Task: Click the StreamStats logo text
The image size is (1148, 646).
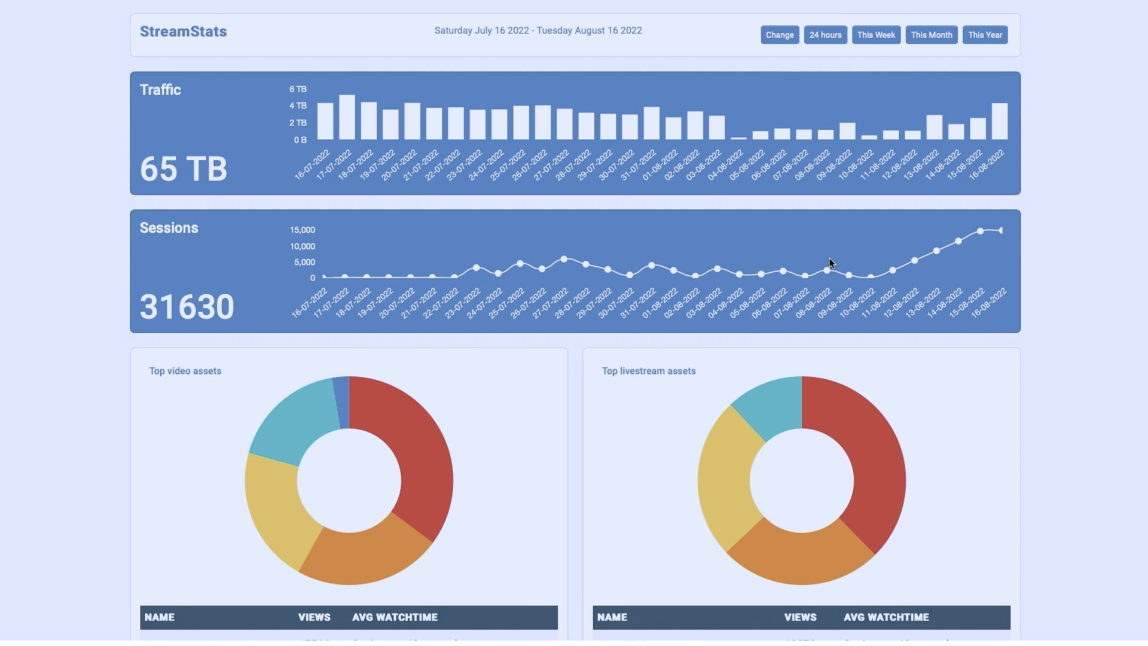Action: (183, 32)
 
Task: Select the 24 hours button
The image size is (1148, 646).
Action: (825, 35)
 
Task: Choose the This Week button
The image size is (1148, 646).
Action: (876, 35)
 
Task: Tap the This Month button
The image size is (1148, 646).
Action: (931, 35)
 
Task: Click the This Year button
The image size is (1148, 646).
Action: (985, 35)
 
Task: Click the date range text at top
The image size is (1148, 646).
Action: (538, 31)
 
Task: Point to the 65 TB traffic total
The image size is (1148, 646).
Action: (184, 169)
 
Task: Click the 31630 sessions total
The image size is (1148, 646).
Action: (187, 307)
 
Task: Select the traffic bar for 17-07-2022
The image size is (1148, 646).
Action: (347, 117)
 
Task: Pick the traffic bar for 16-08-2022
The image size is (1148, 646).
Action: (999, 121)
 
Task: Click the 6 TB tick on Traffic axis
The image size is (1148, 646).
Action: (298, 89)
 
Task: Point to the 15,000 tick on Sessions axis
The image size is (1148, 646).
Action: (302, 230)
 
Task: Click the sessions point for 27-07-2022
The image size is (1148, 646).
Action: (564, 259)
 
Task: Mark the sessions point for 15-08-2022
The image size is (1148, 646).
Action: (980, 231)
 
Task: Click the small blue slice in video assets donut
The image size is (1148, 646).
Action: (341, 402)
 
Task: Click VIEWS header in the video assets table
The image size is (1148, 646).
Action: (314, 617)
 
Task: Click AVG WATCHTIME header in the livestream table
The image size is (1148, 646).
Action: (886, 617)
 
